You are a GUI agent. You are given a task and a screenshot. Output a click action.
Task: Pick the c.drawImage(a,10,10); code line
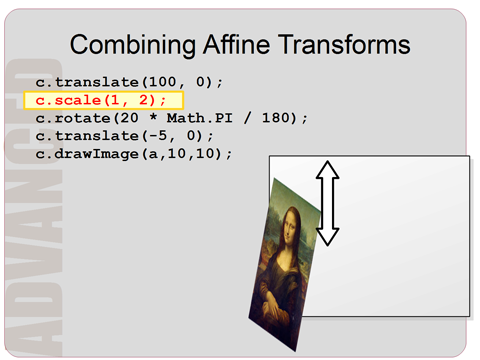tap(134, 153)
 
